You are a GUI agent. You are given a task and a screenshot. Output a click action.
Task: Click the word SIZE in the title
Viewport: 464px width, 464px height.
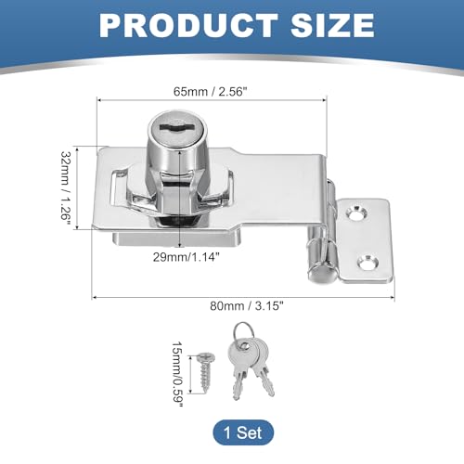tap(332, 25)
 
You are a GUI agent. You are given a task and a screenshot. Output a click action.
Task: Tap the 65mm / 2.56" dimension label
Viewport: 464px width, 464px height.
tap(211, 92)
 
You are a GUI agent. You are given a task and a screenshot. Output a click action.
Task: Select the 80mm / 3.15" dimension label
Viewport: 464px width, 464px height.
tap(247, 306)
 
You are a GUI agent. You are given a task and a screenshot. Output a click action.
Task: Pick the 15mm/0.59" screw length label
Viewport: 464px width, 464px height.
tap(178, 374)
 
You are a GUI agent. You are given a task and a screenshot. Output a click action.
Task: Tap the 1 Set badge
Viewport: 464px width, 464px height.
tap(243, 432)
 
